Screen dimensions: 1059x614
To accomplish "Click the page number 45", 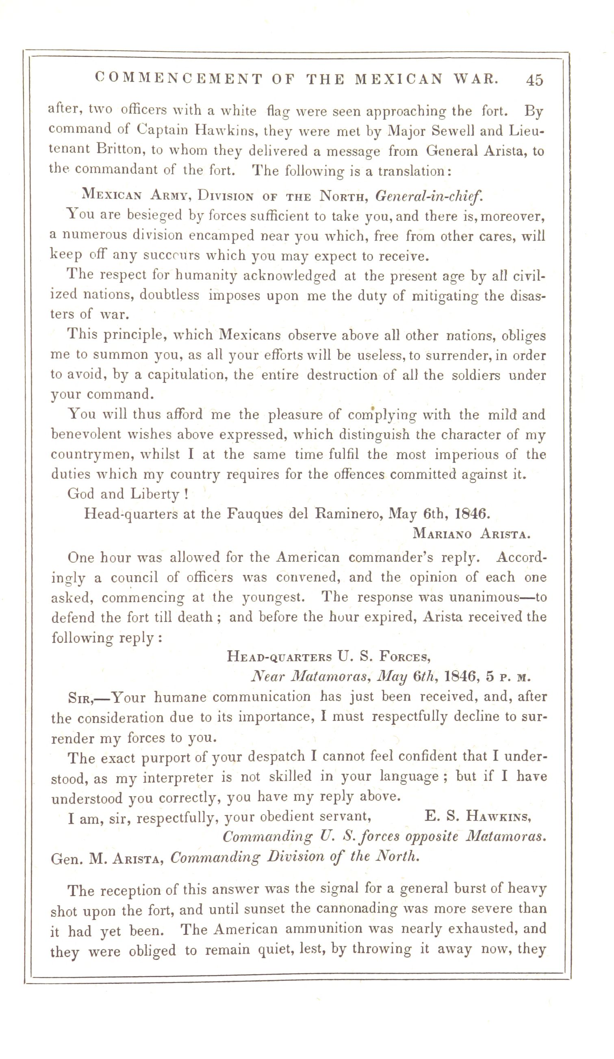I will point(534,80).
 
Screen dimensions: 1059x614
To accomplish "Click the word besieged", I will point(154,216).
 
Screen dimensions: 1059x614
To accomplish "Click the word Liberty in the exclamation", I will point(155,494).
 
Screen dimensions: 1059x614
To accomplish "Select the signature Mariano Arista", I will point(471,534).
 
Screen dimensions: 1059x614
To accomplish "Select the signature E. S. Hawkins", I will point(478,816).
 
